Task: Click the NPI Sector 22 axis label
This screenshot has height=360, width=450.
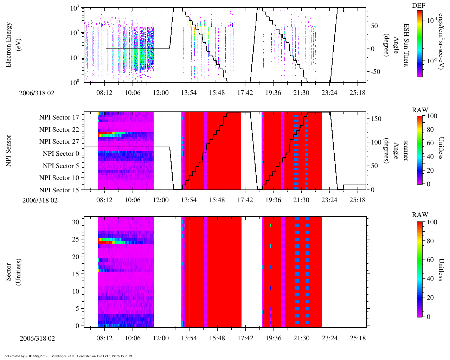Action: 59,130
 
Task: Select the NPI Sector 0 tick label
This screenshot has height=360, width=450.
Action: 61,154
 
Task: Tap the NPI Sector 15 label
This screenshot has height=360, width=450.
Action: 59,190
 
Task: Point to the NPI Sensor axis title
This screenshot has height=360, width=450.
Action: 8,150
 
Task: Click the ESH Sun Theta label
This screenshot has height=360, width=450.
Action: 406,45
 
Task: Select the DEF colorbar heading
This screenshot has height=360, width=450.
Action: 418,6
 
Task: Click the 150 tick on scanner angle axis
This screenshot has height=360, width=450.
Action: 376,119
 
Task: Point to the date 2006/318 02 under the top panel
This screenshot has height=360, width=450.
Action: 37,93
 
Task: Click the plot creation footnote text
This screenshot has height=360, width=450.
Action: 68,356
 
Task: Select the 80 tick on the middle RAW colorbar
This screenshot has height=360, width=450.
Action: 430,130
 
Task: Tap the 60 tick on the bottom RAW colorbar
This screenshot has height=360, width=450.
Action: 430,260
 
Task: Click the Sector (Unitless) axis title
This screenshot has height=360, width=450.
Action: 12,272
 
